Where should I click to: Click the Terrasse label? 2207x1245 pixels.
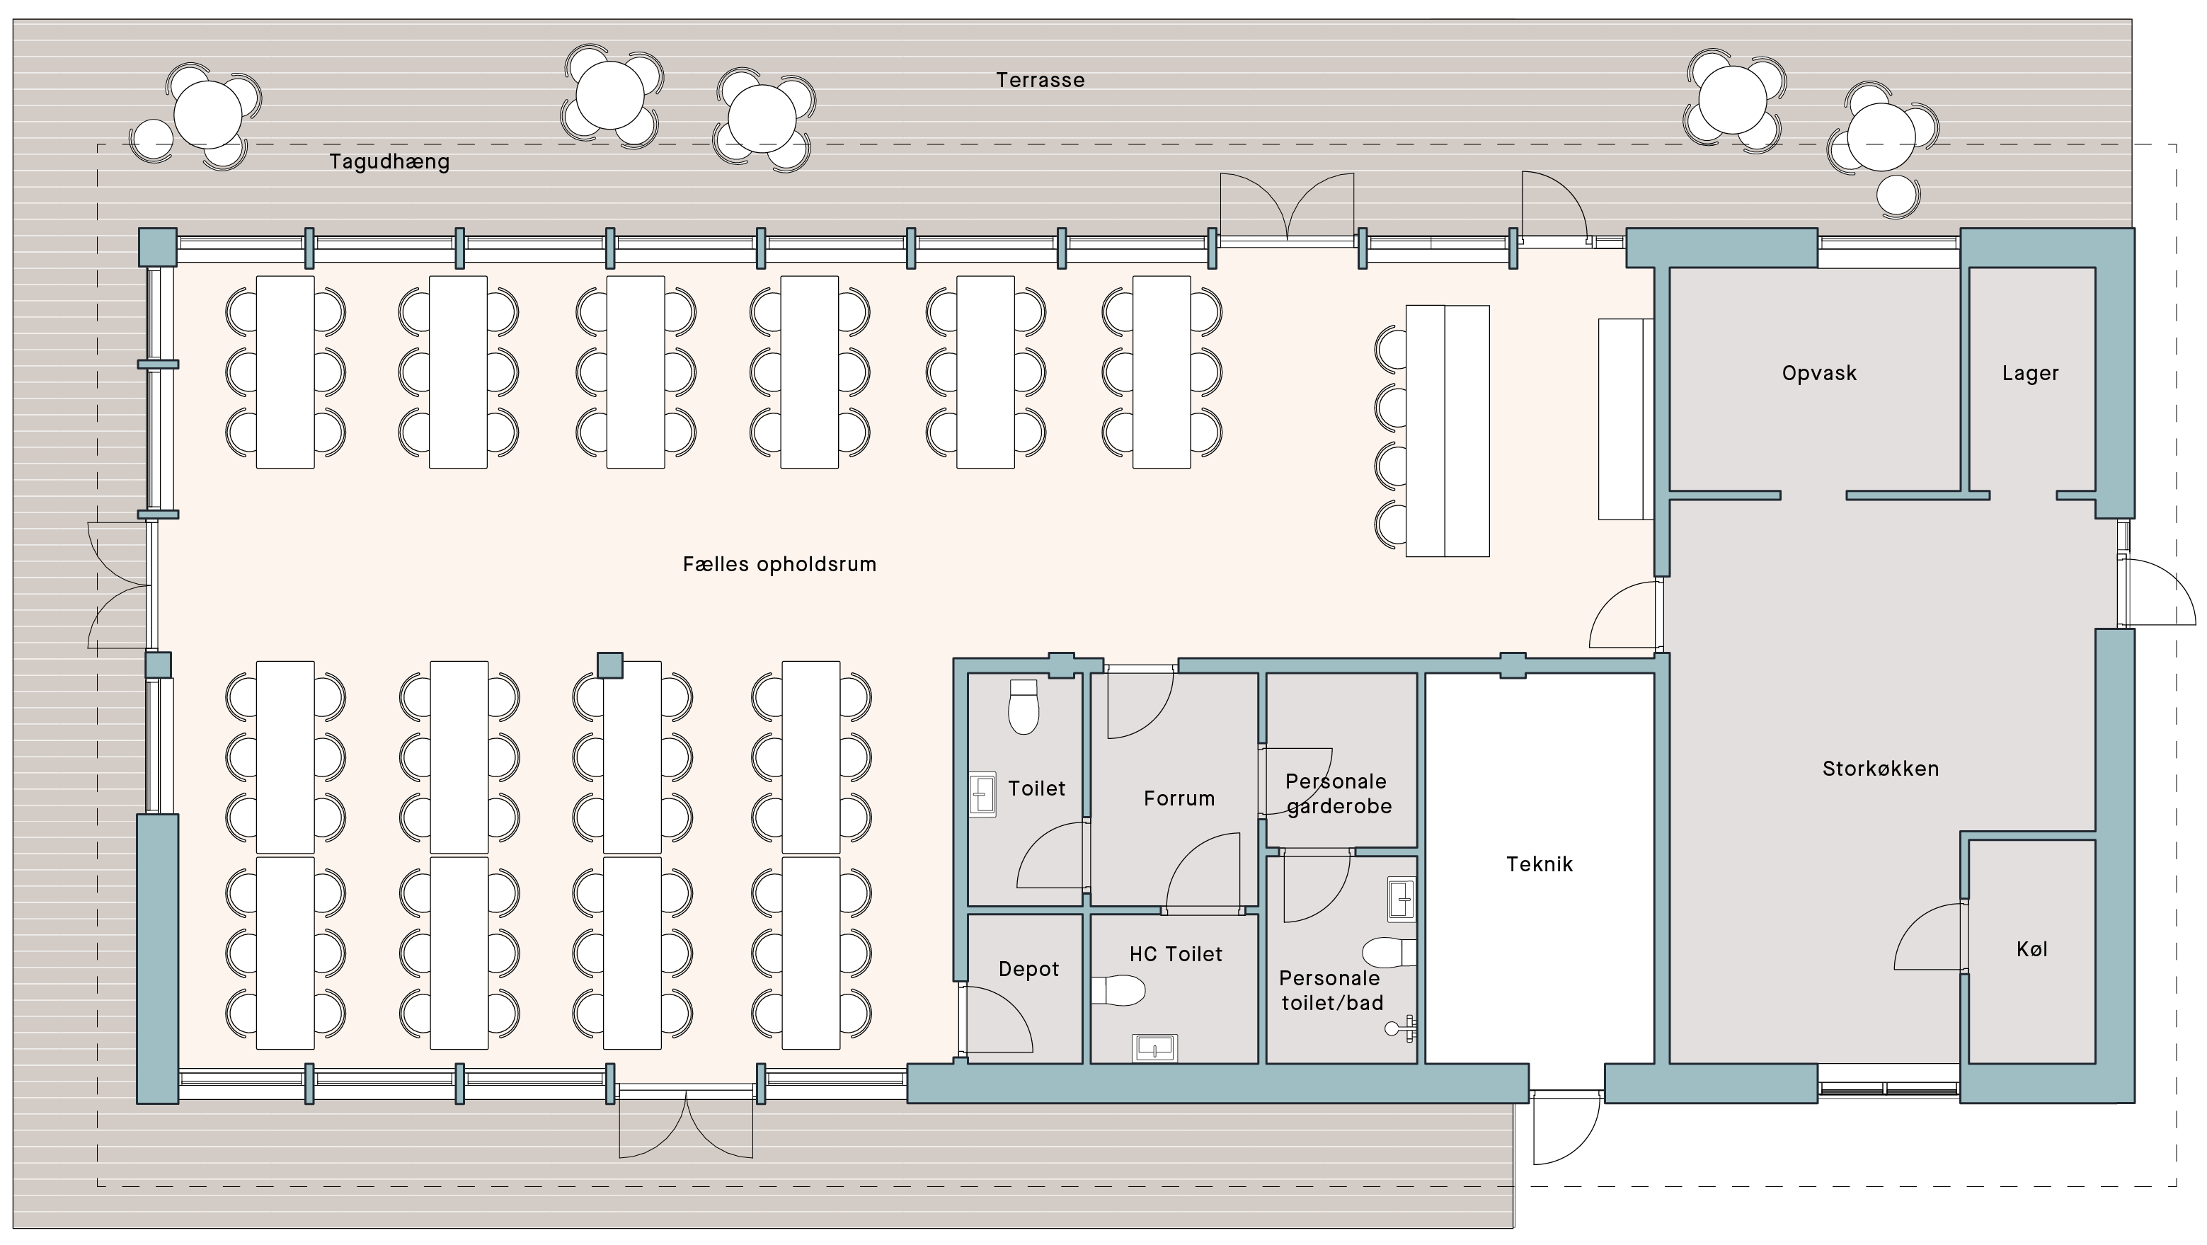(x=1039, y=81)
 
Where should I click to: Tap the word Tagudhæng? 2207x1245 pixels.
(x=389, y=162)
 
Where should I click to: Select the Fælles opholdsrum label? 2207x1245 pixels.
(x=779, y=565)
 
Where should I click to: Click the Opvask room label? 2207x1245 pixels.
(x=1819, y=374)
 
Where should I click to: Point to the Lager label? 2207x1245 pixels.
(x=2029, y=374)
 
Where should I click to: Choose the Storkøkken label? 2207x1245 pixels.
(x=1880, y=769)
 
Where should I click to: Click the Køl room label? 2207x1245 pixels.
(x=2031, y=949)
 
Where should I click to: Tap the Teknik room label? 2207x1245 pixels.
(x=1539, y=864)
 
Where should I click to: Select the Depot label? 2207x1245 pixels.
(x=1028, y=969)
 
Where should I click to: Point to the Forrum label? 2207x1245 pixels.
(x=1179, y=798)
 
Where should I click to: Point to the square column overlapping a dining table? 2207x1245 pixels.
(x=609, y=665)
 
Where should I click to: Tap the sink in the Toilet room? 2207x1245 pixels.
(x=982, y=794)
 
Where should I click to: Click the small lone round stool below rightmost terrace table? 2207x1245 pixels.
(x=1897, y=196)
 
